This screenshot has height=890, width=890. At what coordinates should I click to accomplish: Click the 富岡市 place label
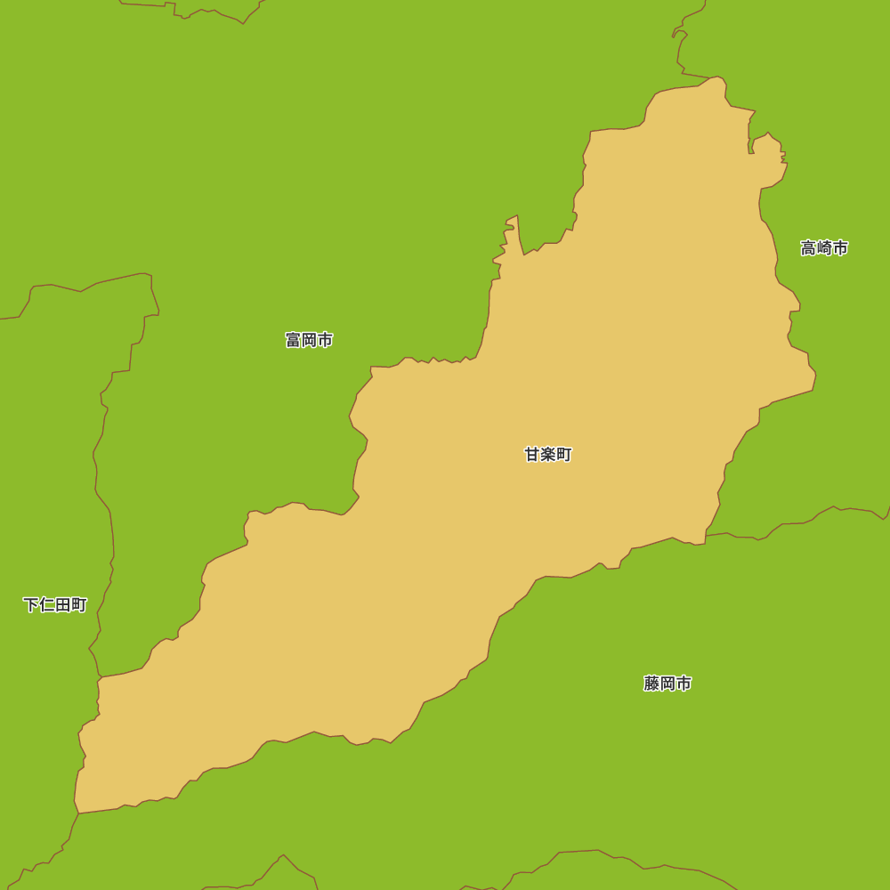pos(309,340)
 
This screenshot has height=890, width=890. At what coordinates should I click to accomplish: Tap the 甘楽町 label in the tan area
pos(548,455)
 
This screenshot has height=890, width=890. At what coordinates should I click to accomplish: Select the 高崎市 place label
pos(824,248)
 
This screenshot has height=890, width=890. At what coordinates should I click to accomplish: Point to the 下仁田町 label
pos(55,605)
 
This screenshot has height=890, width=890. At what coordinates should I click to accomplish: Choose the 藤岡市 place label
pos(667,684)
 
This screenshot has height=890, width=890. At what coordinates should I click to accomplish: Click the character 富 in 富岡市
pos(293,340)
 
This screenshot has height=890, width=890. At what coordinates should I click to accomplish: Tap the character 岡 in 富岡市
pos(309,340)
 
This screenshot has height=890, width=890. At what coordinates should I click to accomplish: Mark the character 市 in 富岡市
pos(325,340)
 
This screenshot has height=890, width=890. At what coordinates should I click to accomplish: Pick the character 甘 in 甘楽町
pos(532,455)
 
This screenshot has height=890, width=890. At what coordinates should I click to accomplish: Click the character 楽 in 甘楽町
pos(548,455)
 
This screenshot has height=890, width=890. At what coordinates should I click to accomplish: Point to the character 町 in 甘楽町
pos(564,455)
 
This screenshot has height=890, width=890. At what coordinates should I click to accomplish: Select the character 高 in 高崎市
pos(808,248)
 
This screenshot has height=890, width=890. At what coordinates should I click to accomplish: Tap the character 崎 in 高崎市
pos(824,248)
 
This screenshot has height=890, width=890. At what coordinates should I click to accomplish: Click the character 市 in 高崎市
pos(840,248)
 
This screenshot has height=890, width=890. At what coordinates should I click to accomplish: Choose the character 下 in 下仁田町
pos(31,605)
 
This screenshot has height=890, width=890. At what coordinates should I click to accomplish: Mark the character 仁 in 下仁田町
pos(47,605)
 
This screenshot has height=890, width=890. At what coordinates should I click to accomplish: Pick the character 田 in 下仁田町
pos(63,605)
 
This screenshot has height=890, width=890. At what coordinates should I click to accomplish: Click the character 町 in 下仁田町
pos(79,605)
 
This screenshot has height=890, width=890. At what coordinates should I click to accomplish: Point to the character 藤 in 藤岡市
pos(651,684)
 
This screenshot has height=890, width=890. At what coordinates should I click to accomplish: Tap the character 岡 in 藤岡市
pos(667,684)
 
